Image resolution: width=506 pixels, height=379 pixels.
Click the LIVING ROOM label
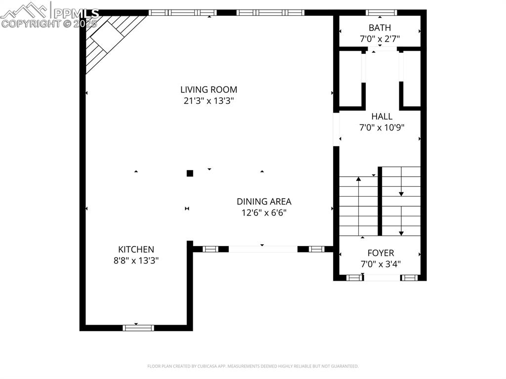click(x=209, y=89)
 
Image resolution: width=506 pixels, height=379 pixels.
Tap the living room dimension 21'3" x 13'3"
click(x=209, y=101)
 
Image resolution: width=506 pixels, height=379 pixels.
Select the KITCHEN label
click(x=136, y=250)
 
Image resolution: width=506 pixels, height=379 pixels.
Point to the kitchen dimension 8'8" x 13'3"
click(x=136, y=260)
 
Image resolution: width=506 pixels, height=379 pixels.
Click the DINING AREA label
click(x=264, y=202)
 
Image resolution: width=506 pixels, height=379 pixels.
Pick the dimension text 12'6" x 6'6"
click(x=264, y=212)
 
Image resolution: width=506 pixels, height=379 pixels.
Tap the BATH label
click(x=379, y=28)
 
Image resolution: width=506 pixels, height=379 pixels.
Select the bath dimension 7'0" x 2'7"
click(x=379, y=38)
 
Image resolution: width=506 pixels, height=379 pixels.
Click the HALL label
click(x=382, y=117)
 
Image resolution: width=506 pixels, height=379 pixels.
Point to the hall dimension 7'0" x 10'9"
click(x=382, y=127)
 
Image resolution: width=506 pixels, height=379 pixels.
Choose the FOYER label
click(x=380, y=253)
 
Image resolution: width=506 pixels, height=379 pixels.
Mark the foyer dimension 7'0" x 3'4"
click(x=380, y=264)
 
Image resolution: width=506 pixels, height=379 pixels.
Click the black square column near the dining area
click(x=190, y=173)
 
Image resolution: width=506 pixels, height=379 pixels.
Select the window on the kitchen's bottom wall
click(x=138, y=328)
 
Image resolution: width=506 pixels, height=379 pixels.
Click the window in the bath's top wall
click(x=381, y=12)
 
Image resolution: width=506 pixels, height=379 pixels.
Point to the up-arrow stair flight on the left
click(x=358, y=205)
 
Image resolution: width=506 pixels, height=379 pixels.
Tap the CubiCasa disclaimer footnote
click(x=253, y=366)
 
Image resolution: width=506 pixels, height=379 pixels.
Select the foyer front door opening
click(x=382, y=278)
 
